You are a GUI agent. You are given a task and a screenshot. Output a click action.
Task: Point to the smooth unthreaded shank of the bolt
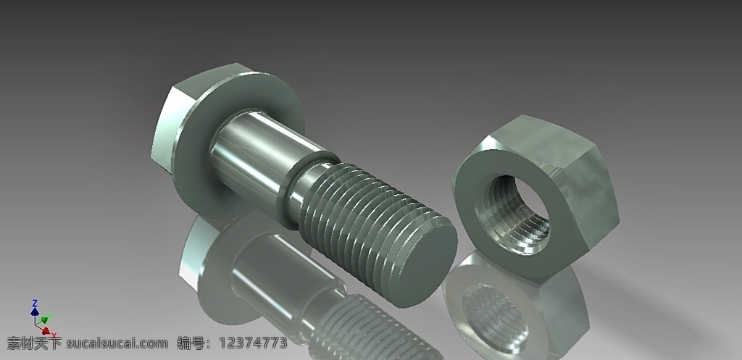click(x=256, y=156)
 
